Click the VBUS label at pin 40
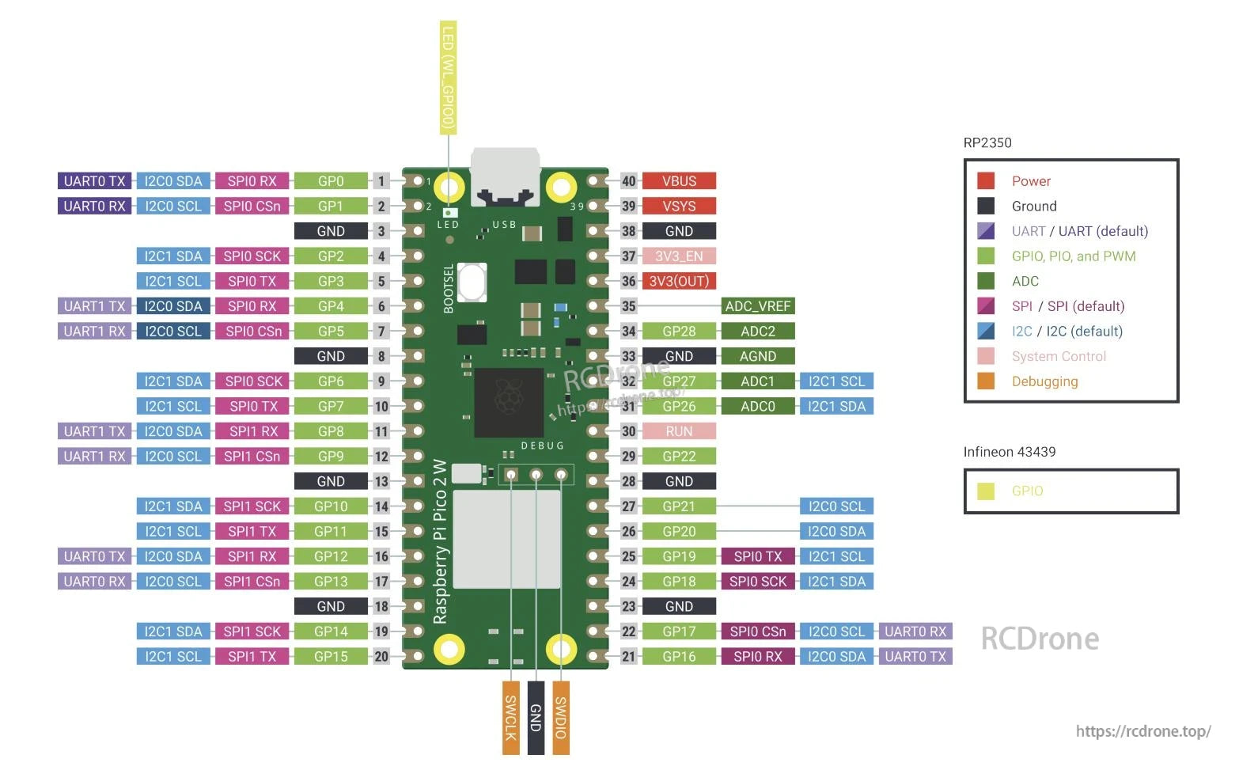679,181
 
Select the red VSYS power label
679,207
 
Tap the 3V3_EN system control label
679,256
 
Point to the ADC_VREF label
757,306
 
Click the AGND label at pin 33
757,356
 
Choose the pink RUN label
679,431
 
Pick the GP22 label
679,457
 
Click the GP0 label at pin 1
331,181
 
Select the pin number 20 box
381,657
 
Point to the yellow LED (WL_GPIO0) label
448,77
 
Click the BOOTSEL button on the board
471,283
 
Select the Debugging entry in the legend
1044,381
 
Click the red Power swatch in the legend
986,181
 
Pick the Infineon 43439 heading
1010,452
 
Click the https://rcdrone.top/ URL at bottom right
1142,731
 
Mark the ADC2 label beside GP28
757,332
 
